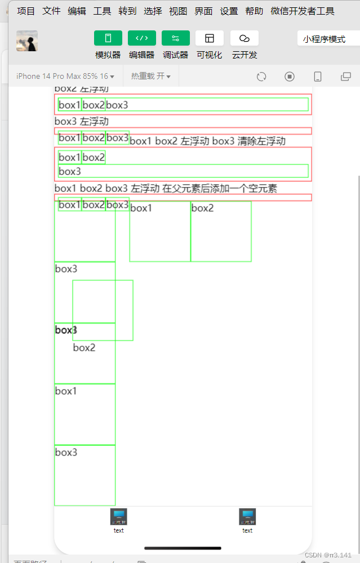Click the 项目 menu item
point(26,11)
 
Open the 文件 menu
point(51,11)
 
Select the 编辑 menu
point(77,11)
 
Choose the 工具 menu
point(102,11)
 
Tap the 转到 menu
point(127,11)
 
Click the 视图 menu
point(178,11)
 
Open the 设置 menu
point(229,11)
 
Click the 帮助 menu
point(254,11)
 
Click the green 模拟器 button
point(108,38)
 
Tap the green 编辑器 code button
point(142,38)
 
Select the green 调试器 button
point(176,38)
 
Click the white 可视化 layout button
point(210,38)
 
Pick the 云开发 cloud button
point(245,38)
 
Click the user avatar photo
point(27,41)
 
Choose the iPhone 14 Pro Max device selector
point(65,76)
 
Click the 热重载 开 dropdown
point(151,76)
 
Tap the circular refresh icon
point(261,77)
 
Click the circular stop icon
point(290,77)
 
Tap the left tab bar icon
point(118,517)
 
